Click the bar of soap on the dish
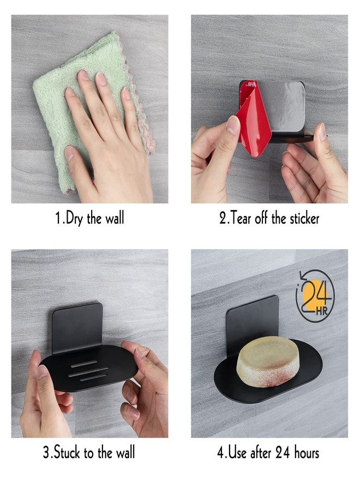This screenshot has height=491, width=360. pos(267,361)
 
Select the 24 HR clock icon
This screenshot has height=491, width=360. pos(315,296)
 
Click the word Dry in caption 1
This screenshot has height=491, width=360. pos(74,218)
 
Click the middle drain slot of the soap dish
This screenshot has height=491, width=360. pos(88,372)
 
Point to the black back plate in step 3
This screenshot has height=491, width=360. pos(77,327)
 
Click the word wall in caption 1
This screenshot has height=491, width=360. pos(115,218)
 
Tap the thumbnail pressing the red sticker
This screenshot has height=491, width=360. pos(233,125)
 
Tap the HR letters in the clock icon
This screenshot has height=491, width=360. pos(321,311)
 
